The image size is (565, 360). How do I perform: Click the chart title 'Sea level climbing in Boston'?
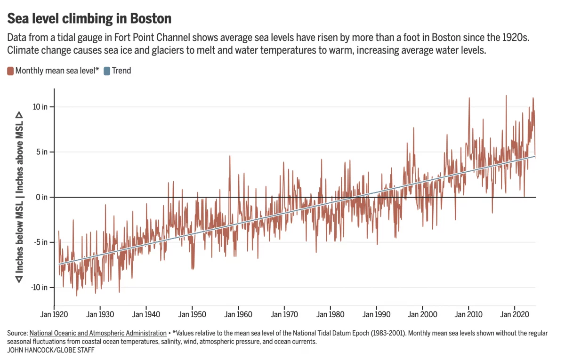pyautogui.click(x=89, y=18)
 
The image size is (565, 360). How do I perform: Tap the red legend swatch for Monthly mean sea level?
pyautogui.click(x=10, y=71)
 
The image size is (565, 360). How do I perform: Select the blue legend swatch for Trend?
pyautogui.click(x=107, y=71)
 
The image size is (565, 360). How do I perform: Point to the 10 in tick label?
pyautogui.click(x=41, y=107)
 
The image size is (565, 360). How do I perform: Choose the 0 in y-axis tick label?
pyautogui.click(x=43, y=197)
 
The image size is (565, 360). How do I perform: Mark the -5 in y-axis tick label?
pyautogui.click(x=42, y=242)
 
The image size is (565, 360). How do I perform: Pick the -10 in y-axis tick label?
pyautogui.click(x=40, y=288)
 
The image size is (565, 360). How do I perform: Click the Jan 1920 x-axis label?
pyautogui.click(x=55, y=313)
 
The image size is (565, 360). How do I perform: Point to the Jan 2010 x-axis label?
pyautogui.click(x=468, y=313)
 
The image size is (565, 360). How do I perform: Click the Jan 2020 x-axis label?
pyautogui.click(x=514, y=313)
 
